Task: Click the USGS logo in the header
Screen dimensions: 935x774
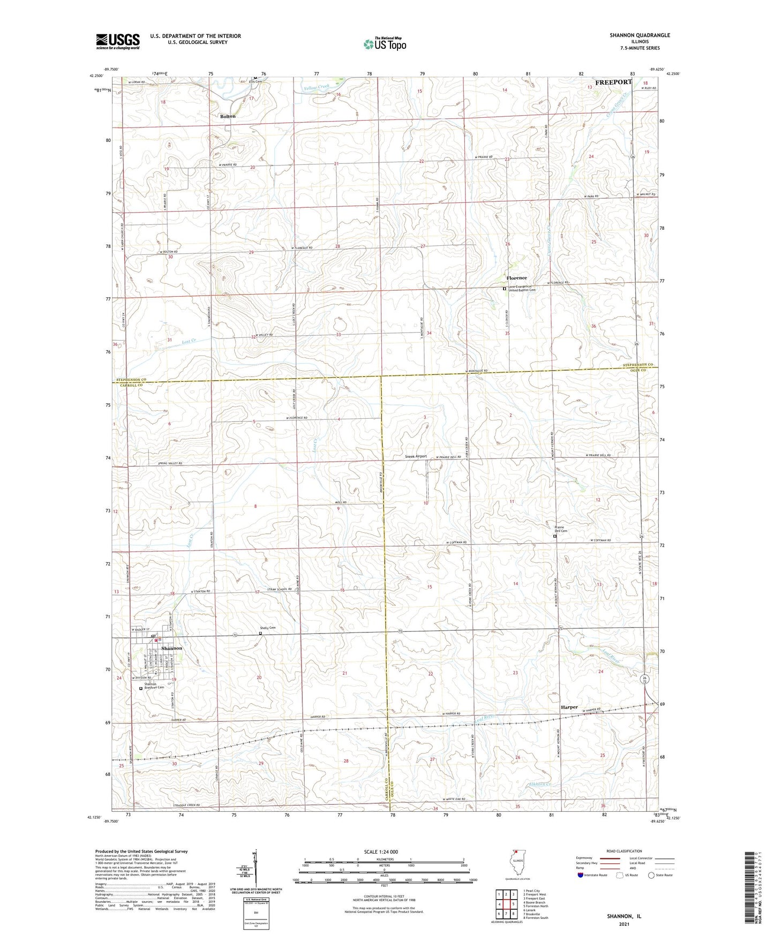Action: tap(118, 41)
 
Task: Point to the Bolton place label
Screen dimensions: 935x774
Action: tap(228, 116)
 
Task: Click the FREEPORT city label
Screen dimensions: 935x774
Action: tap(613, 82)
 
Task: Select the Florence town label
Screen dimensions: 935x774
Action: tap(517, 278)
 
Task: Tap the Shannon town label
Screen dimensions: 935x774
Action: tap(171, 648)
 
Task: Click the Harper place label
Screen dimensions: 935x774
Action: tap(569, 707)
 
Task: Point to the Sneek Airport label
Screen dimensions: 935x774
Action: tap(415, 456)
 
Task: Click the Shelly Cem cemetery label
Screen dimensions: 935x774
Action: tap(268, 628)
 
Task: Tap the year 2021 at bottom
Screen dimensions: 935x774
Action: tap(623, 924)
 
